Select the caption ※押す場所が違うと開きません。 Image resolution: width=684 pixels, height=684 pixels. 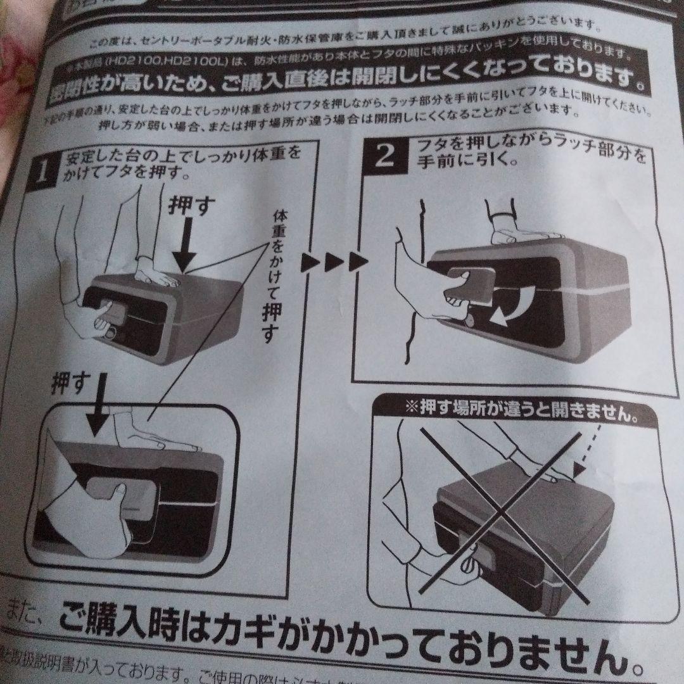coord(521,409)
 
